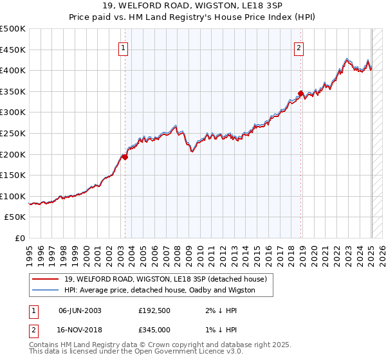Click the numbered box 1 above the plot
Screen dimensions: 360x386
[x=123, y=46]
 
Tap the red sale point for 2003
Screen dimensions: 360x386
[x=125, y=156]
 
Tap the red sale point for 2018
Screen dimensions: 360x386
[x=300, y=93]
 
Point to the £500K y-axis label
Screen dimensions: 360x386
[x=13, y=29]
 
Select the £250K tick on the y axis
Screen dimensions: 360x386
[x=13, y=133]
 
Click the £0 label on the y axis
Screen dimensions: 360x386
[x=20, y=238]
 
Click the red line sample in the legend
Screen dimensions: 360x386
[x=46, y=278]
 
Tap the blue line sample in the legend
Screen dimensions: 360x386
[x=46, y=290]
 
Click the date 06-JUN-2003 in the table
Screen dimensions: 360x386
[x=80, y=310]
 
